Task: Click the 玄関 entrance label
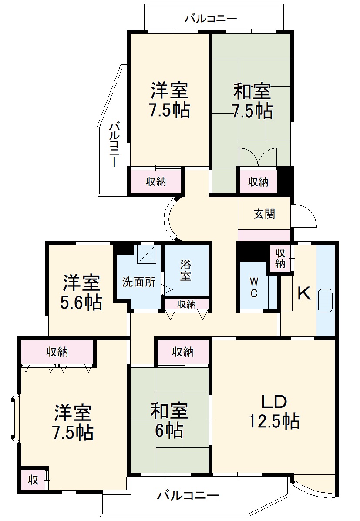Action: [264, 214]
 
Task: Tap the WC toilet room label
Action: [254, 287]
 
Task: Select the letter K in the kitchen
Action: [304, 294]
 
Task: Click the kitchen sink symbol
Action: [326, 300]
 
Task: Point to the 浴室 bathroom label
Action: [186, 270]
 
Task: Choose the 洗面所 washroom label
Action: [138, 282]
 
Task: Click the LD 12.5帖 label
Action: [273, 411]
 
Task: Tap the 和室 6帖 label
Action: [169, 420]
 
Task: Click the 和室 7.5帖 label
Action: [252, 101]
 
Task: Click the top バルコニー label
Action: [211, 19]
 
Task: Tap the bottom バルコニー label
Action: [188, 495]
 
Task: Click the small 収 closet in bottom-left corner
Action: [33, 480]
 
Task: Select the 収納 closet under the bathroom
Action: [186, 304]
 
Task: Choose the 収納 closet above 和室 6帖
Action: [183, 352]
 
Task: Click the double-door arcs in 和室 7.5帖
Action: [258, 157]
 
